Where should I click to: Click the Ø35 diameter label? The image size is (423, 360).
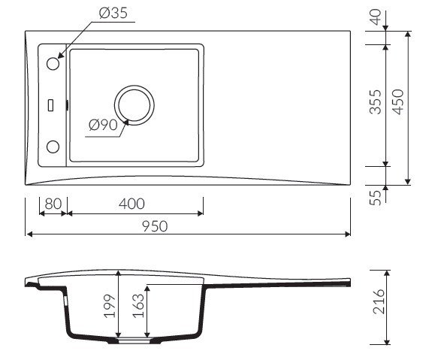113,13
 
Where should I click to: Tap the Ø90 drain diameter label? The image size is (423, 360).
103,125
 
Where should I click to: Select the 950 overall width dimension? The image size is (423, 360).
155,226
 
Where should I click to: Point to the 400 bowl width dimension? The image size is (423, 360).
131,204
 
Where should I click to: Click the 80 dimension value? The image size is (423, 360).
53,204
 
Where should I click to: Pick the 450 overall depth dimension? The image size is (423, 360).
398,102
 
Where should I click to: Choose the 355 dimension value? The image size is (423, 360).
375,102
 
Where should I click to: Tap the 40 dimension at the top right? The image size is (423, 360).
375,17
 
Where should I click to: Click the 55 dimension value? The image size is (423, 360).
375,198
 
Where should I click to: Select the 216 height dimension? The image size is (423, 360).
379,301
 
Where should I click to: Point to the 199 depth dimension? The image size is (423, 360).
110,306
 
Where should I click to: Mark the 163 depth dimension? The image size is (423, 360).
138,305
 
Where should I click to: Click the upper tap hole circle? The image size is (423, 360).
53,64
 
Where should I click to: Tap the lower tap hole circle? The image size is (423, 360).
53,147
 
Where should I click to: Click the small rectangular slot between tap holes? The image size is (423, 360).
50,105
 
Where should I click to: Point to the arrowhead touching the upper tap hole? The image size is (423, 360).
61,55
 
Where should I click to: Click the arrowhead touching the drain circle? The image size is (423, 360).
125,123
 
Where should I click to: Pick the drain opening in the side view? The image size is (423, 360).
134,340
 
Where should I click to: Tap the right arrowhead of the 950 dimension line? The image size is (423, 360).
347,234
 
